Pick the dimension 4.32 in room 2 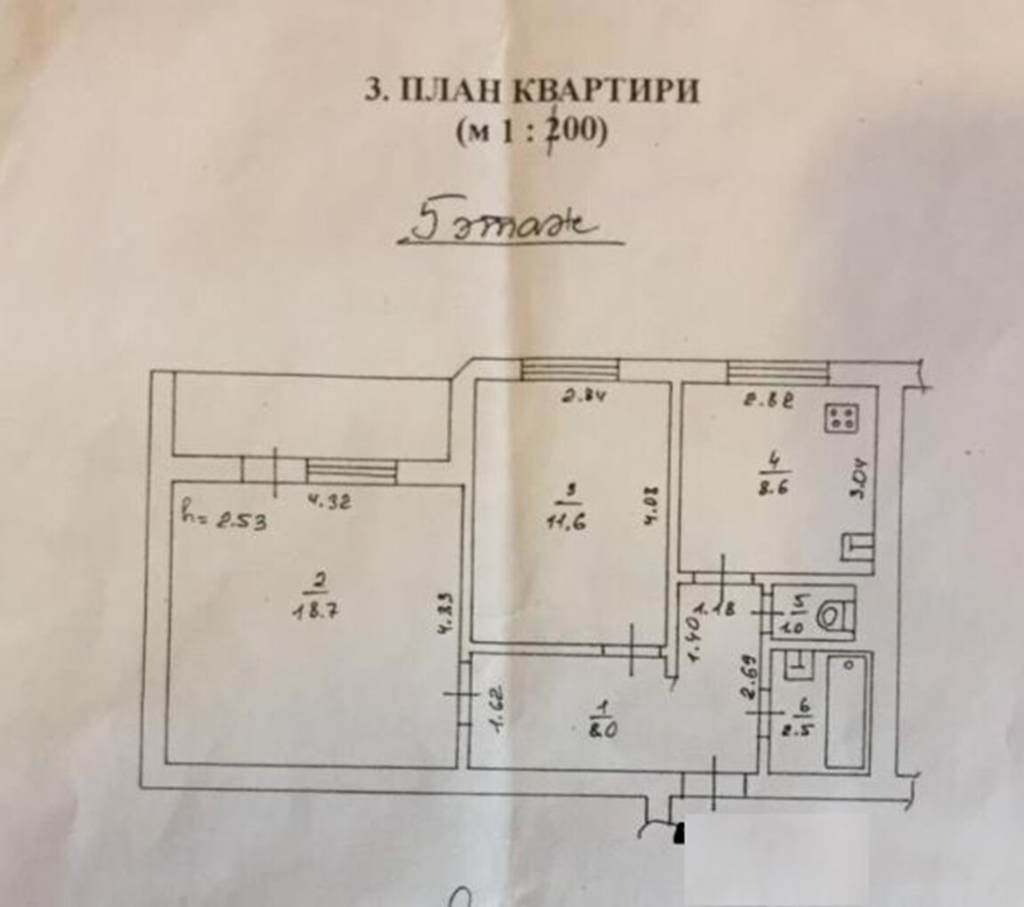pos(329,501)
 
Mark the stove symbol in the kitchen pos(841,417)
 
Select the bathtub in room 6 pos(844,712)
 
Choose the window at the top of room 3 pos(570,368)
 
